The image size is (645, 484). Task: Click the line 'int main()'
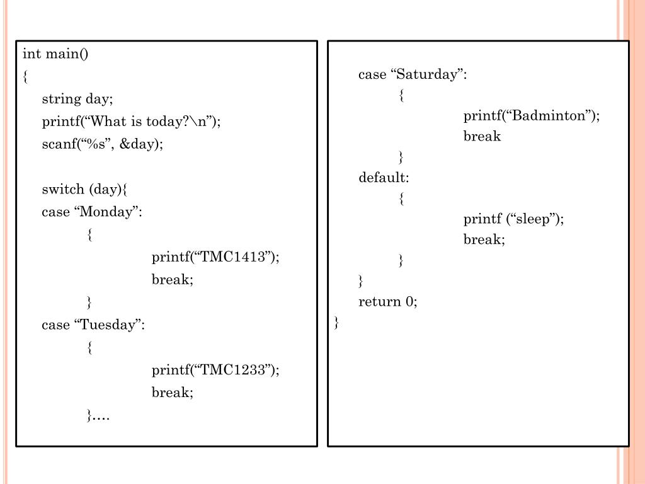[56, 54]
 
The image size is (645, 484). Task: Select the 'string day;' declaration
[77, 99]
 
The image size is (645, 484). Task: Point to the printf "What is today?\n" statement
[132, 122]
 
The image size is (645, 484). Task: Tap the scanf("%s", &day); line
[102, 144]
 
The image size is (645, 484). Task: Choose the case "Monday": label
[92, 212]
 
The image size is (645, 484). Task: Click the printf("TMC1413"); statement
[215, 257]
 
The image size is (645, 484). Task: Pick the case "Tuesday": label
[93, 325]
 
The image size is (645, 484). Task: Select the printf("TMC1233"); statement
[215, 370]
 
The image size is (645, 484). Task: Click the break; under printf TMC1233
[172, 393]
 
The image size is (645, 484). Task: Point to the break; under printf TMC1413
[172, 280]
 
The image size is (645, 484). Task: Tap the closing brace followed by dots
[98, 415]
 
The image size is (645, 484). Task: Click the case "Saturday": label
[413, 74]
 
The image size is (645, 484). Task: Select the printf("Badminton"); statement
[532, 116]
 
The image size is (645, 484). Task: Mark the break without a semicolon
[482, 137]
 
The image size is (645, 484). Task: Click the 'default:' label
[384, 178]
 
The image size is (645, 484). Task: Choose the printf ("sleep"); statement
[513, 219]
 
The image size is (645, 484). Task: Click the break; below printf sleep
[484, 239]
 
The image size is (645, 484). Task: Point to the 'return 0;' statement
[388, 302]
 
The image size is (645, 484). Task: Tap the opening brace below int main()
[25, 77]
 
